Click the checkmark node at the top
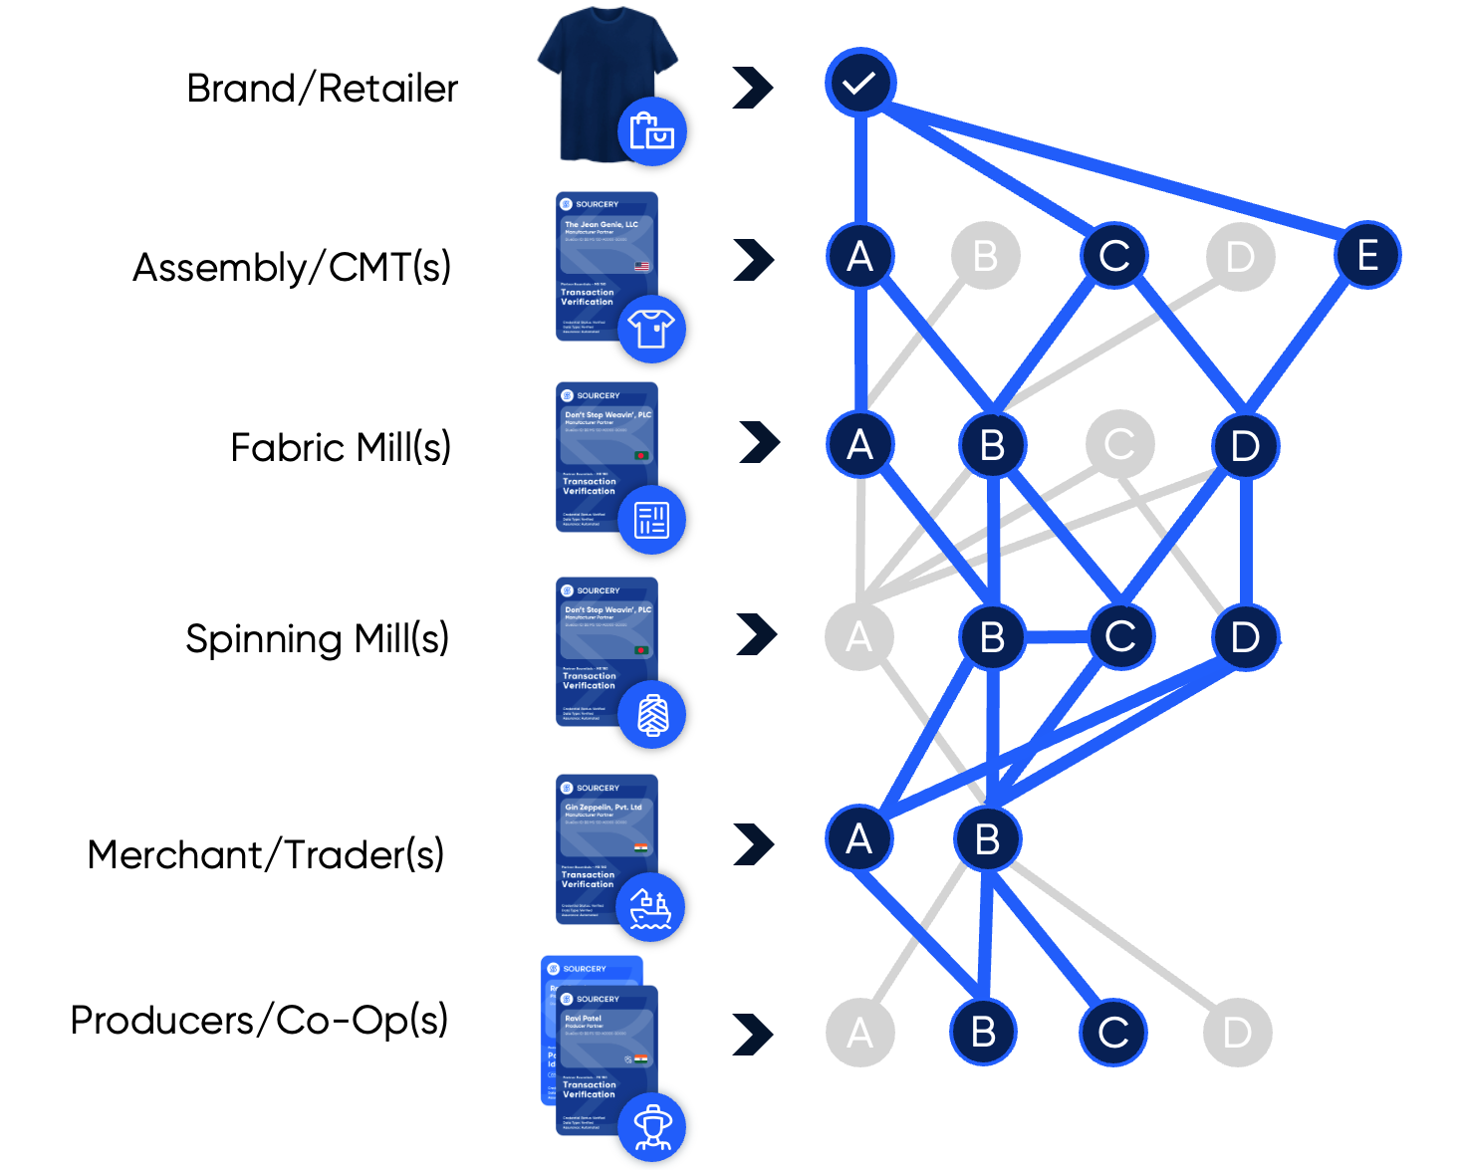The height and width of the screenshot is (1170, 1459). pyautogui.click(x=859, y=83)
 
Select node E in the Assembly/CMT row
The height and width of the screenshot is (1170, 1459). pyautogui.click(x=1367, y=255)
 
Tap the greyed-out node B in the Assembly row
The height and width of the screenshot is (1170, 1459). pyautogui.click(x=985, y=256)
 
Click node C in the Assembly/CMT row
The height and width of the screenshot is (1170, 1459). pyautogui.click(x=1113, y=256)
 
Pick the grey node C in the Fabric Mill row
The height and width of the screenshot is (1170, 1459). pyautogui.click(x=1119, y=444)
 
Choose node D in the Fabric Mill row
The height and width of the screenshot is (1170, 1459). pyautogui.click(x=1245, y=445)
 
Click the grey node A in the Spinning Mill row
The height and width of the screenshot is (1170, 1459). pyautogui.click(x=858, y=636)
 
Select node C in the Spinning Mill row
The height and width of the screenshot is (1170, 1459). pyautogui.click(x=1120, y=636)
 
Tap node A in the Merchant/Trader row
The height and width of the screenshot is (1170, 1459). pyautogui.click(x=858, y=838)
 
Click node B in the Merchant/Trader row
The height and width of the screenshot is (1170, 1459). pyautogui.click(x=987, y=838)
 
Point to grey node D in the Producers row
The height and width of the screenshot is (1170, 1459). pyautogui.click(x=1237, y=1033)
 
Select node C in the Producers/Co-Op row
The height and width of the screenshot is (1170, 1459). pyautogui.click(x=1112, y=1033)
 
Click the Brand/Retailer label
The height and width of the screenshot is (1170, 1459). pyautogui.click(x=322, y=89)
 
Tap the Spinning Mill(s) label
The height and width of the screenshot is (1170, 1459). pyautogui.click(x=317, y=638)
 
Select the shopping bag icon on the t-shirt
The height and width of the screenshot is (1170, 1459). pyautogui.click(x=652, y=131)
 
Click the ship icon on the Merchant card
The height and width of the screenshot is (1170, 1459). pyautogui.click(x=650, y=907)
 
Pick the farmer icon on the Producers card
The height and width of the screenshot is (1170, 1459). pyautogui.click(x=652, y=1126)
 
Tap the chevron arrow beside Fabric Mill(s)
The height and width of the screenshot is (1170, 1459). pyautogui.click(x=760, y=442)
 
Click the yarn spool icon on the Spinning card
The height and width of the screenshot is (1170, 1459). pyautogui.click(x=652, y=714)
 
